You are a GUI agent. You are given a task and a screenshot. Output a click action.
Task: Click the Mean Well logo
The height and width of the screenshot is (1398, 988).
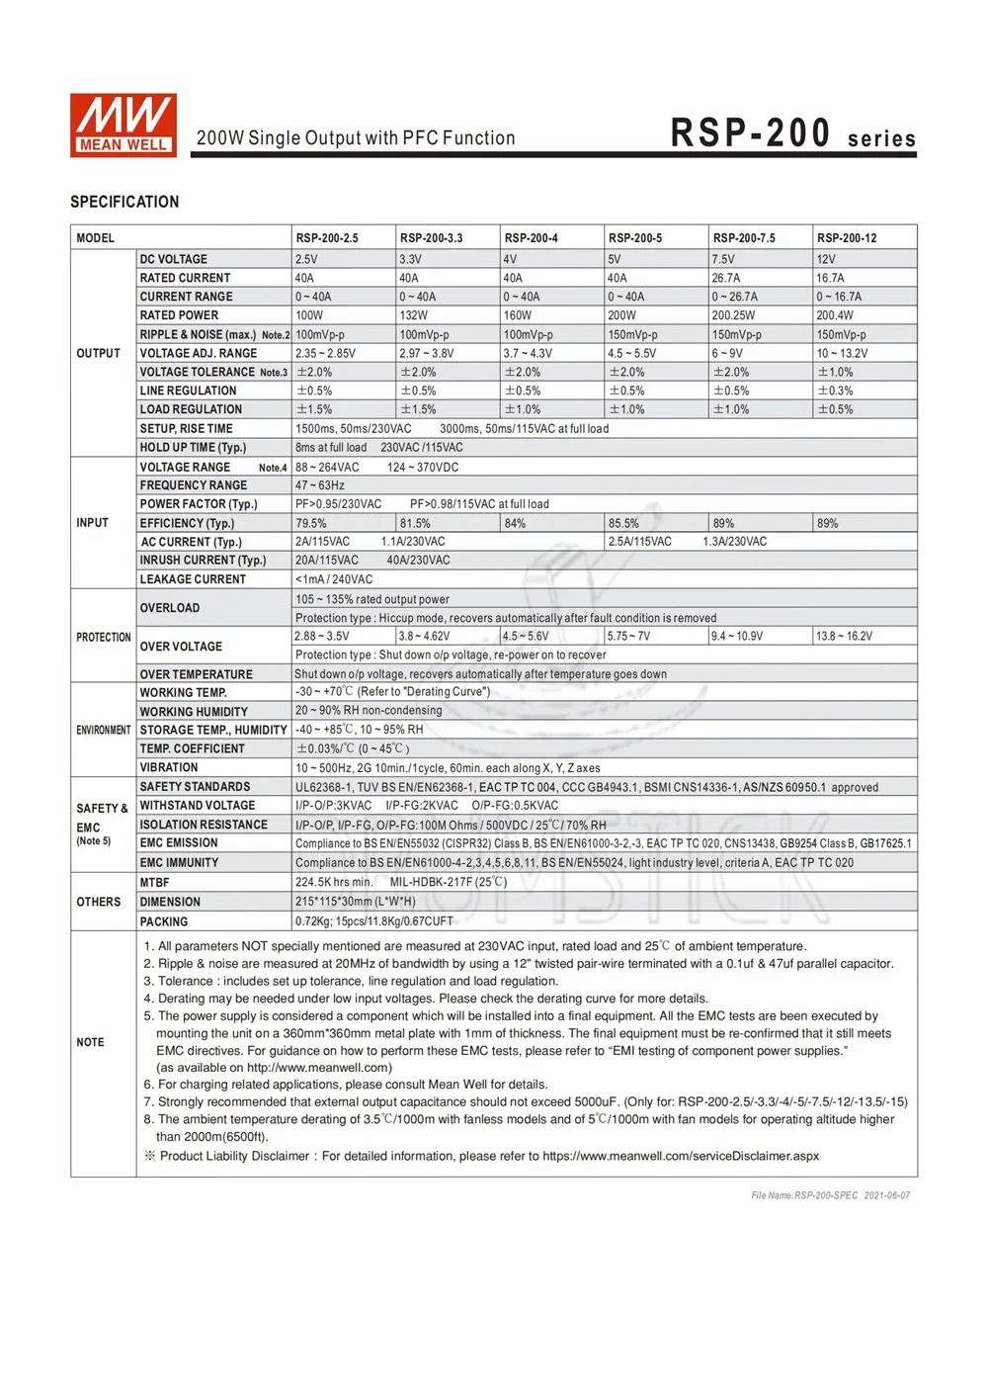tap(123, 126)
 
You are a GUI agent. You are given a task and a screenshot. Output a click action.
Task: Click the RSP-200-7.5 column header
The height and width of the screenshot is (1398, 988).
tap(744, 238)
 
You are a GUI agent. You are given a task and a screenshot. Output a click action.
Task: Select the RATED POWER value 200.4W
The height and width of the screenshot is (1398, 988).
tap(835, 315)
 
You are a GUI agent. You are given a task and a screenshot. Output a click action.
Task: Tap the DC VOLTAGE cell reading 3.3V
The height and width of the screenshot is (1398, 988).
tap(410, 259)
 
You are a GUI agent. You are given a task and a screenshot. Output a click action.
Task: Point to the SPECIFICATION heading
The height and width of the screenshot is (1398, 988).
tap(124, 202)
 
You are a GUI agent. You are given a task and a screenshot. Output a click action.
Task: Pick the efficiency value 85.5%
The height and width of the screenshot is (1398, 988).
tap(623, 523)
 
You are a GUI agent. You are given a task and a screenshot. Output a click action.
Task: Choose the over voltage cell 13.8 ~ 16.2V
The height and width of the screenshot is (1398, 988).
tap(844, 636)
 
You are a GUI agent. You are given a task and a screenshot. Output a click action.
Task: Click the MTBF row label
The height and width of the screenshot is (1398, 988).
tap(154, 882)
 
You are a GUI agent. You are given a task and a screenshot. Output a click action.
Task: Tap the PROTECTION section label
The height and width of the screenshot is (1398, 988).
tap(104, 637)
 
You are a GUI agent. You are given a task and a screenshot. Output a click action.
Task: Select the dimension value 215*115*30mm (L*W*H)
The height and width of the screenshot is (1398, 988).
tap(356, 902)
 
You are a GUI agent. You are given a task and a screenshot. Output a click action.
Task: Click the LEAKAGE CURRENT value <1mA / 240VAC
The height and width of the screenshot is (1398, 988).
tap(334, 579)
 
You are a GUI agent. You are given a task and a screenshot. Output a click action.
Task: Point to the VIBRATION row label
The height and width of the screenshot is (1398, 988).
tap(169, 767)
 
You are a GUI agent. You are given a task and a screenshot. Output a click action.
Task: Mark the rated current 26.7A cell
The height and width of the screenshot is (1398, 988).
tap(726, 278)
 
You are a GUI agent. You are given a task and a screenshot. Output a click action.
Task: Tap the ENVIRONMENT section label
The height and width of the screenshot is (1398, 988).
tap(104, 730)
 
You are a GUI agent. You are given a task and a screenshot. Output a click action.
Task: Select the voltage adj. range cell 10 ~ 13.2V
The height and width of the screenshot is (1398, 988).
tap(842, 353)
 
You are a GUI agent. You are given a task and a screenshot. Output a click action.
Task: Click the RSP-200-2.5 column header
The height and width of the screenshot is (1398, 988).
tap(327, 238)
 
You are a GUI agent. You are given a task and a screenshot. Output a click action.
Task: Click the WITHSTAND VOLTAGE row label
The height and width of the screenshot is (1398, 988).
tap(198, 806)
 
